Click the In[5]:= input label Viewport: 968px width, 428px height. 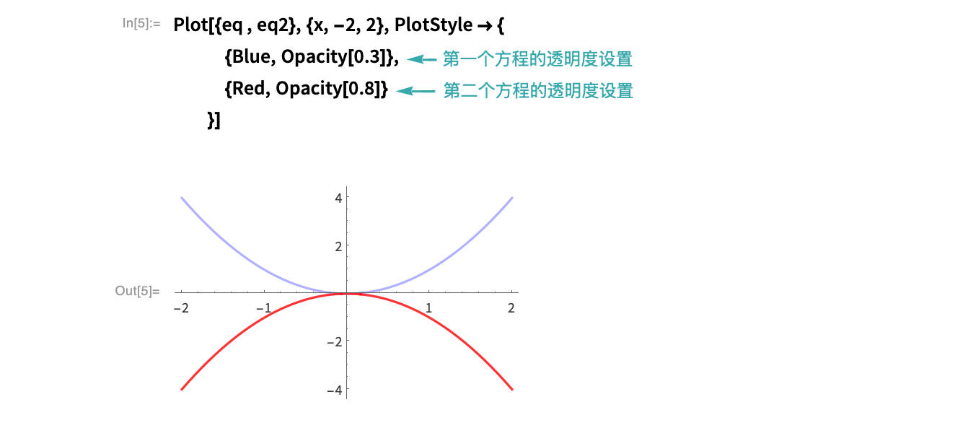pos(141,23)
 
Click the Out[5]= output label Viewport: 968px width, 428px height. pos(138,291)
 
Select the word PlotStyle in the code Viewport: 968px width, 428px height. pos(434,25)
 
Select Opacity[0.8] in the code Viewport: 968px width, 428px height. pos(328,89)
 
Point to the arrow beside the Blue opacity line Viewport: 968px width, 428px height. pos(422,59)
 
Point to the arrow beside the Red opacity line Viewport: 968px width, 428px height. pos(415,91)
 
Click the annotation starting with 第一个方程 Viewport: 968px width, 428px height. pos(537,58)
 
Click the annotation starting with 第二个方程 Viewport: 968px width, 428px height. pos(538,91)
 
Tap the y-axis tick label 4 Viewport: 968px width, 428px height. pos(338,198)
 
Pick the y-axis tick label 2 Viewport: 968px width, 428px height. pos(338,246)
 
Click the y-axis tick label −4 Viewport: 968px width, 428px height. pos(335,390)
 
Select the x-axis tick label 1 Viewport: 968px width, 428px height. pos(428,307)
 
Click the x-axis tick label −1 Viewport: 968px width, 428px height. pos(263,307)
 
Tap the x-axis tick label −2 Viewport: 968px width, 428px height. pos(181,307)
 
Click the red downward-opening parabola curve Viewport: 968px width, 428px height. pos(346,294)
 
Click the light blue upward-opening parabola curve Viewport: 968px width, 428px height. pos(346,293)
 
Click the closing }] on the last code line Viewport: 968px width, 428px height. pos(214,121)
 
